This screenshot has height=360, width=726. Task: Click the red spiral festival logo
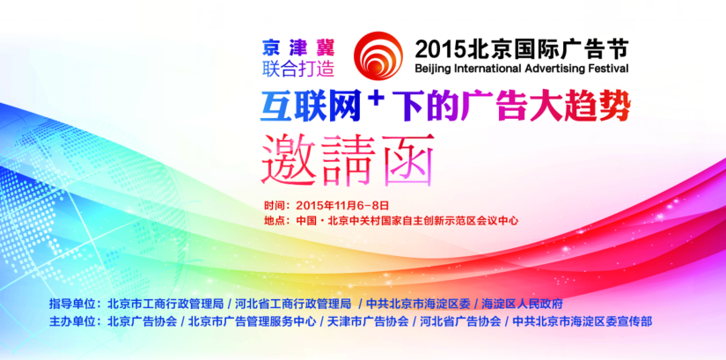378,55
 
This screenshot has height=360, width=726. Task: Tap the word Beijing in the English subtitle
432,69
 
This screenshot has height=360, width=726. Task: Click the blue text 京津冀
297,48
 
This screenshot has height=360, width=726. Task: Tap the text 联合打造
297,69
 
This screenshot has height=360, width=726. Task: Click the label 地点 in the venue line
273,221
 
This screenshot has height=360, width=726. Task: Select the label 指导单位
71,305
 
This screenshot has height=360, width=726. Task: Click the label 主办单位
71,321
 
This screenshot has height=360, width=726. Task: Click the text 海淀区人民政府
522,305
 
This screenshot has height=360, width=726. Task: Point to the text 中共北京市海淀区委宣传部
583,321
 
